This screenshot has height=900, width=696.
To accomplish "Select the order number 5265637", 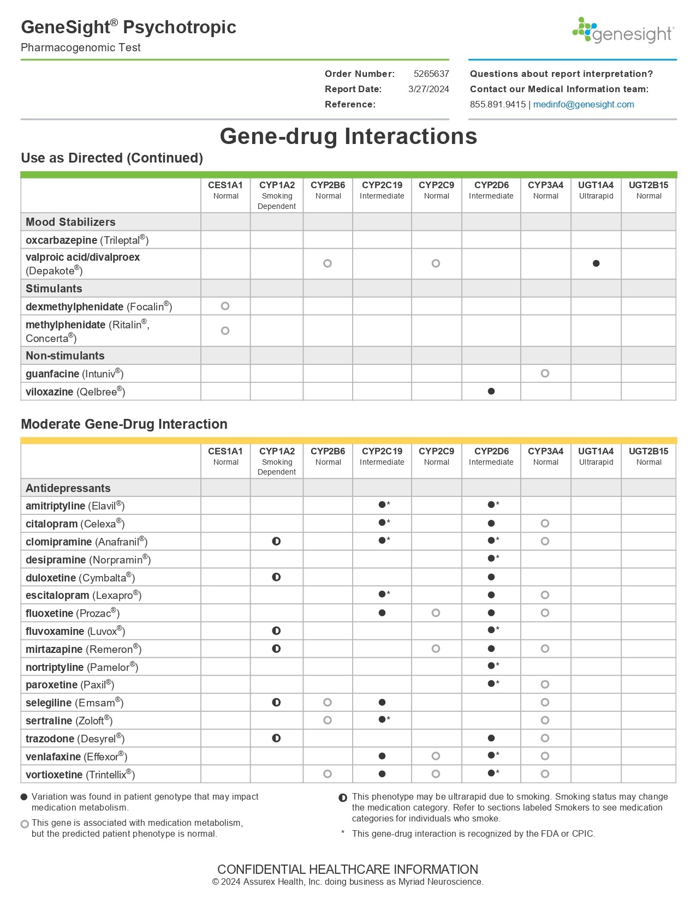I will tap(431, 74).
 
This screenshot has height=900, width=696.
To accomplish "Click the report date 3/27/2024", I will tap(428, 89).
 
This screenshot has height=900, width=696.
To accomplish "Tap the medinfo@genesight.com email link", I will tap(583, 104).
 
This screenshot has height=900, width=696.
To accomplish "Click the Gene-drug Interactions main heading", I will tap(348, 136).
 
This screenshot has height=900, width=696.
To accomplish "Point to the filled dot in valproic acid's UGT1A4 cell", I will tap(596, 263).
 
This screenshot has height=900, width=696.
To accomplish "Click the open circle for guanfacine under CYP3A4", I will tap(544, 374).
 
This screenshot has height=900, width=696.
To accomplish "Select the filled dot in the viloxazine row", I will tap(491, 391).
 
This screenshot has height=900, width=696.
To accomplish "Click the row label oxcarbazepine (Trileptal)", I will tap(87, 240).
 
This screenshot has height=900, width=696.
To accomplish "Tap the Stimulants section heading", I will tap(53, 289).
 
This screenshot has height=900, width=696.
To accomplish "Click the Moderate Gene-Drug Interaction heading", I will tap(124, 424).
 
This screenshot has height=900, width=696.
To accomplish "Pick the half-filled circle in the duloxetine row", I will tap(276, 577).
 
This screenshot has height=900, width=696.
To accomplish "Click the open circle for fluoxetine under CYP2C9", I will tap(436, 613).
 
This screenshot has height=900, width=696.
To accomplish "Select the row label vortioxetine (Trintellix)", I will tap(80, 775).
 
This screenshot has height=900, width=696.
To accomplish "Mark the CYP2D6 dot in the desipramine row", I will tap(491, 559).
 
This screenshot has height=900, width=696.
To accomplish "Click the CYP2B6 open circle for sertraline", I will tap(327, 720).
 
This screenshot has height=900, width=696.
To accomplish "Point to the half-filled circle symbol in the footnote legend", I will tap(343, 798).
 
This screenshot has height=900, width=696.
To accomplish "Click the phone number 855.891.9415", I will tap(497, 104).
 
